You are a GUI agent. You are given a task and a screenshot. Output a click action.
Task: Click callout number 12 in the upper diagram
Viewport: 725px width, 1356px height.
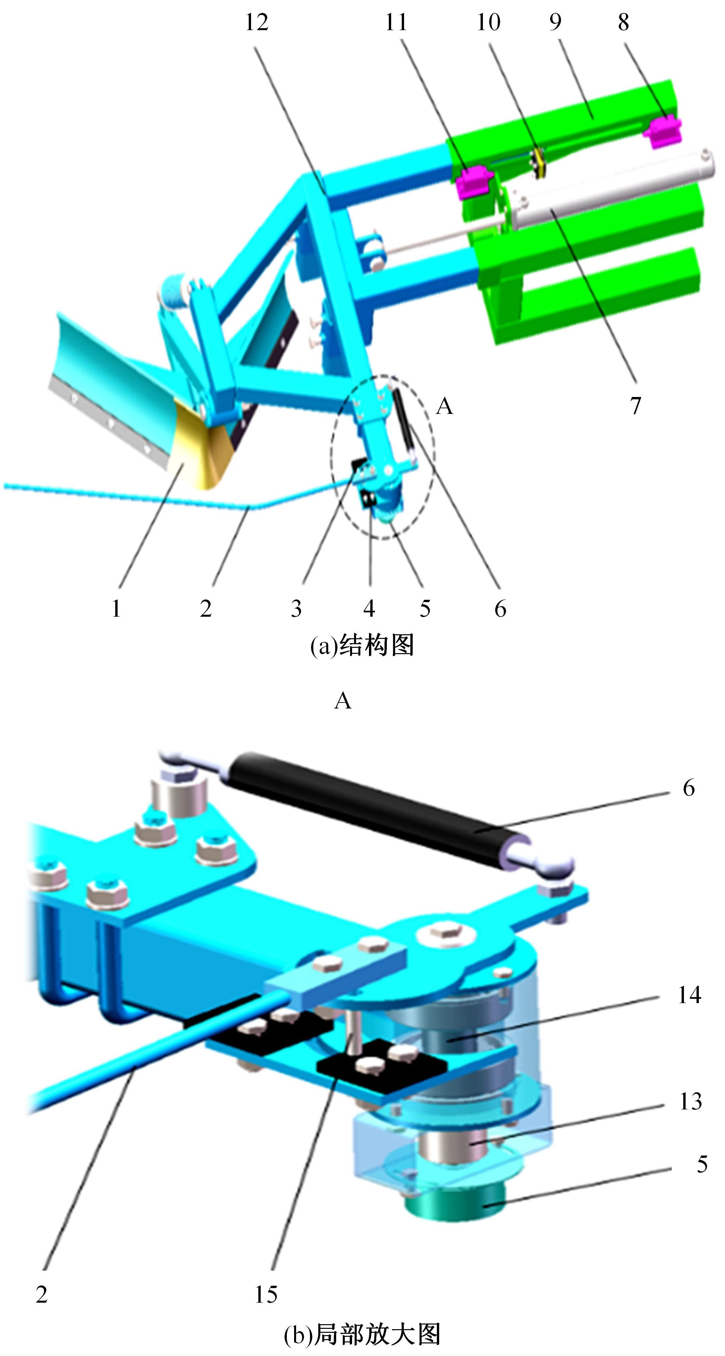(257, 22)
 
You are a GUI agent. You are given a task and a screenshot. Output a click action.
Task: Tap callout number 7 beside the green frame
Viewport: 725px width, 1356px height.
(636, 405)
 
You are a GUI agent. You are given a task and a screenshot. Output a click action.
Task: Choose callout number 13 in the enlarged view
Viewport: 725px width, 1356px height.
(691, 1101)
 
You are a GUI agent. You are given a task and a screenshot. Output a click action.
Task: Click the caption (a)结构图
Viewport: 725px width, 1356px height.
(362, 646)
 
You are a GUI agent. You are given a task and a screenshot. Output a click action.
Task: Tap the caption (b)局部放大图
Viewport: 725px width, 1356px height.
(362, 1334)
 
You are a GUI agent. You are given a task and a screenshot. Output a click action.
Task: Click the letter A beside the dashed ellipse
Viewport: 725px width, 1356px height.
(444, 406)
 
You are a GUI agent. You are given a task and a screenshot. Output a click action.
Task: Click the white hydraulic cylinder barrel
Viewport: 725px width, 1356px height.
(610, 190)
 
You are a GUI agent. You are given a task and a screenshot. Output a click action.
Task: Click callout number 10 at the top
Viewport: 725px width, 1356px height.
(488, 22)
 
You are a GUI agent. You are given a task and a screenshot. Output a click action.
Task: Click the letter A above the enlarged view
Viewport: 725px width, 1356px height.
(342, 701)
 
